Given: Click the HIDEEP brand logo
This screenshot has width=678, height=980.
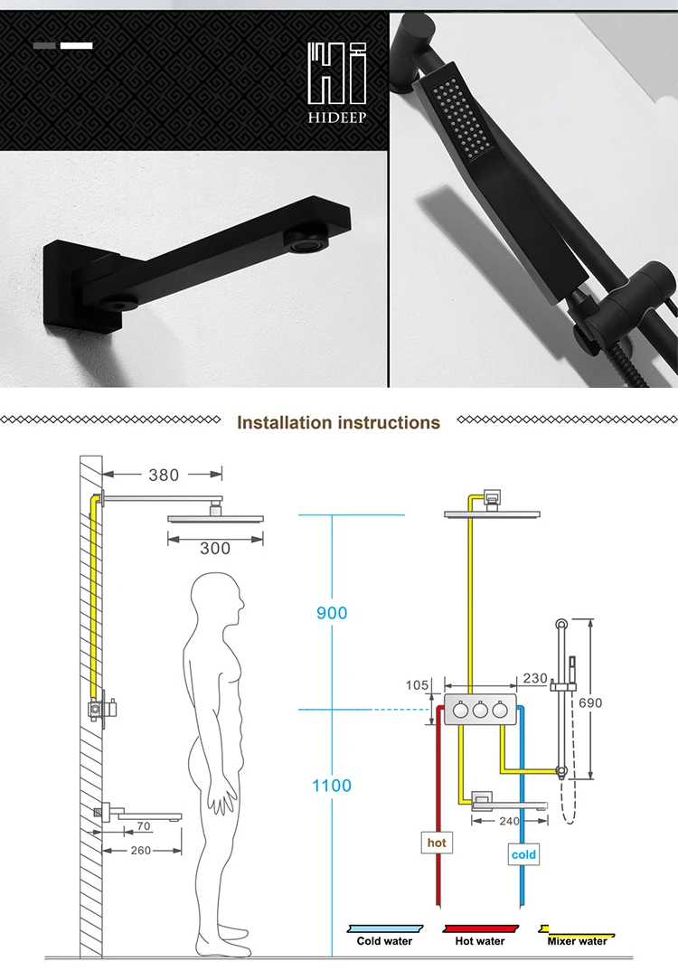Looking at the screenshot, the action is (337, 82).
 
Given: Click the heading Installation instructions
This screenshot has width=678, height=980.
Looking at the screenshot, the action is (338, 422).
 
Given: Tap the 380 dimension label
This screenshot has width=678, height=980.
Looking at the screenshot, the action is (164, 475).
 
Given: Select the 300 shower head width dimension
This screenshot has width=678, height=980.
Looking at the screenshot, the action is (215, 548).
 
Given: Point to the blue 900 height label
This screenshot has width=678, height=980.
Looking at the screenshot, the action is (331, 613).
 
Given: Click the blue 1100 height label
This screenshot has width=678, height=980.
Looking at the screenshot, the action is (332, 785).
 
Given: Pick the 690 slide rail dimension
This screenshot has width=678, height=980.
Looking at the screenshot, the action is (590, 703).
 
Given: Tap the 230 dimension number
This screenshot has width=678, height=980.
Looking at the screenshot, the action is (535, 678).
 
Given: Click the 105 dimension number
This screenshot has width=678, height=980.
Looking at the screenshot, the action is (417, 685).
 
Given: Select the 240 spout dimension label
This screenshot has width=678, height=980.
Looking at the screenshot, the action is (509, 821).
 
